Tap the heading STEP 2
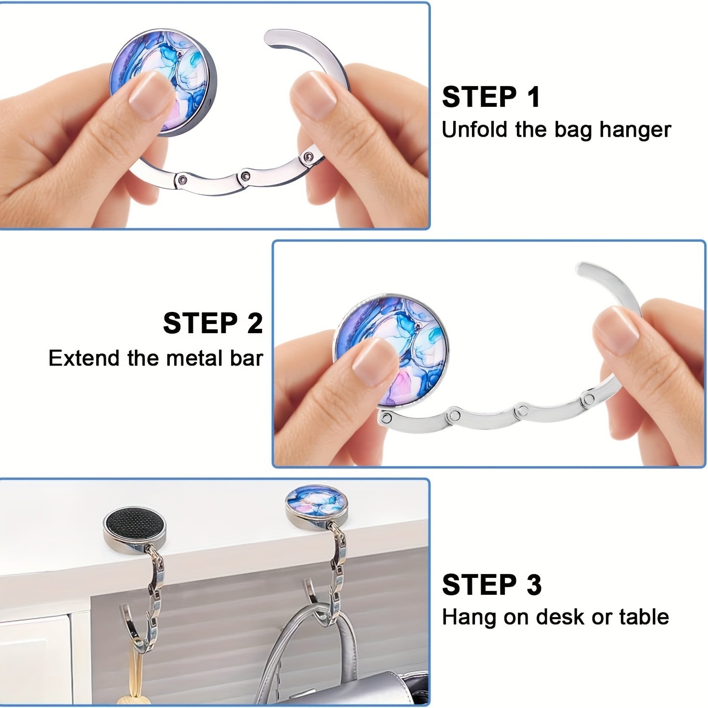[213, 323]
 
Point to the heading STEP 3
[491, 585]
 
